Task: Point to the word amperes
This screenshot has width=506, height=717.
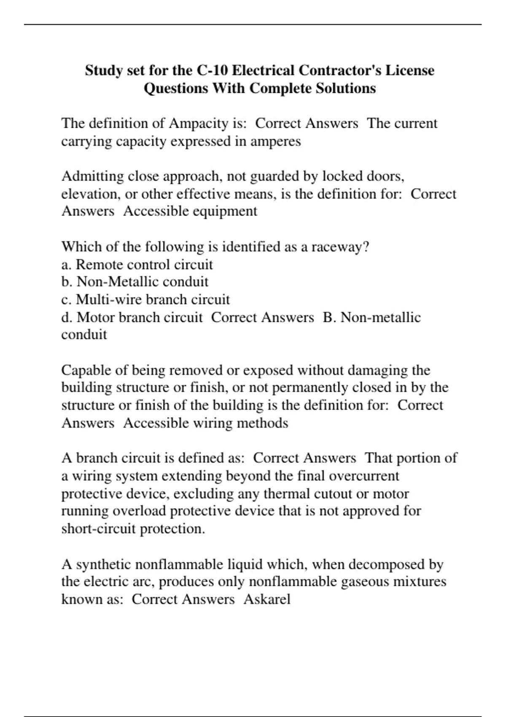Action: click(276, 141)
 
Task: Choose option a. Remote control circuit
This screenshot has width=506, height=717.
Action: click(137, 264)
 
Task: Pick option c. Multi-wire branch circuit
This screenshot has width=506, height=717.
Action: click(145, 299)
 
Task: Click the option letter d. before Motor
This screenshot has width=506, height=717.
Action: click(67, 317)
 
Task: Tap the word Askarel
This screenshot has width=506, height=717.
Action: click(267, 599)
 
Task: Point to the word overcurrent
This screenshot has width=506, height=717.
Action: click(363, 476)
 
